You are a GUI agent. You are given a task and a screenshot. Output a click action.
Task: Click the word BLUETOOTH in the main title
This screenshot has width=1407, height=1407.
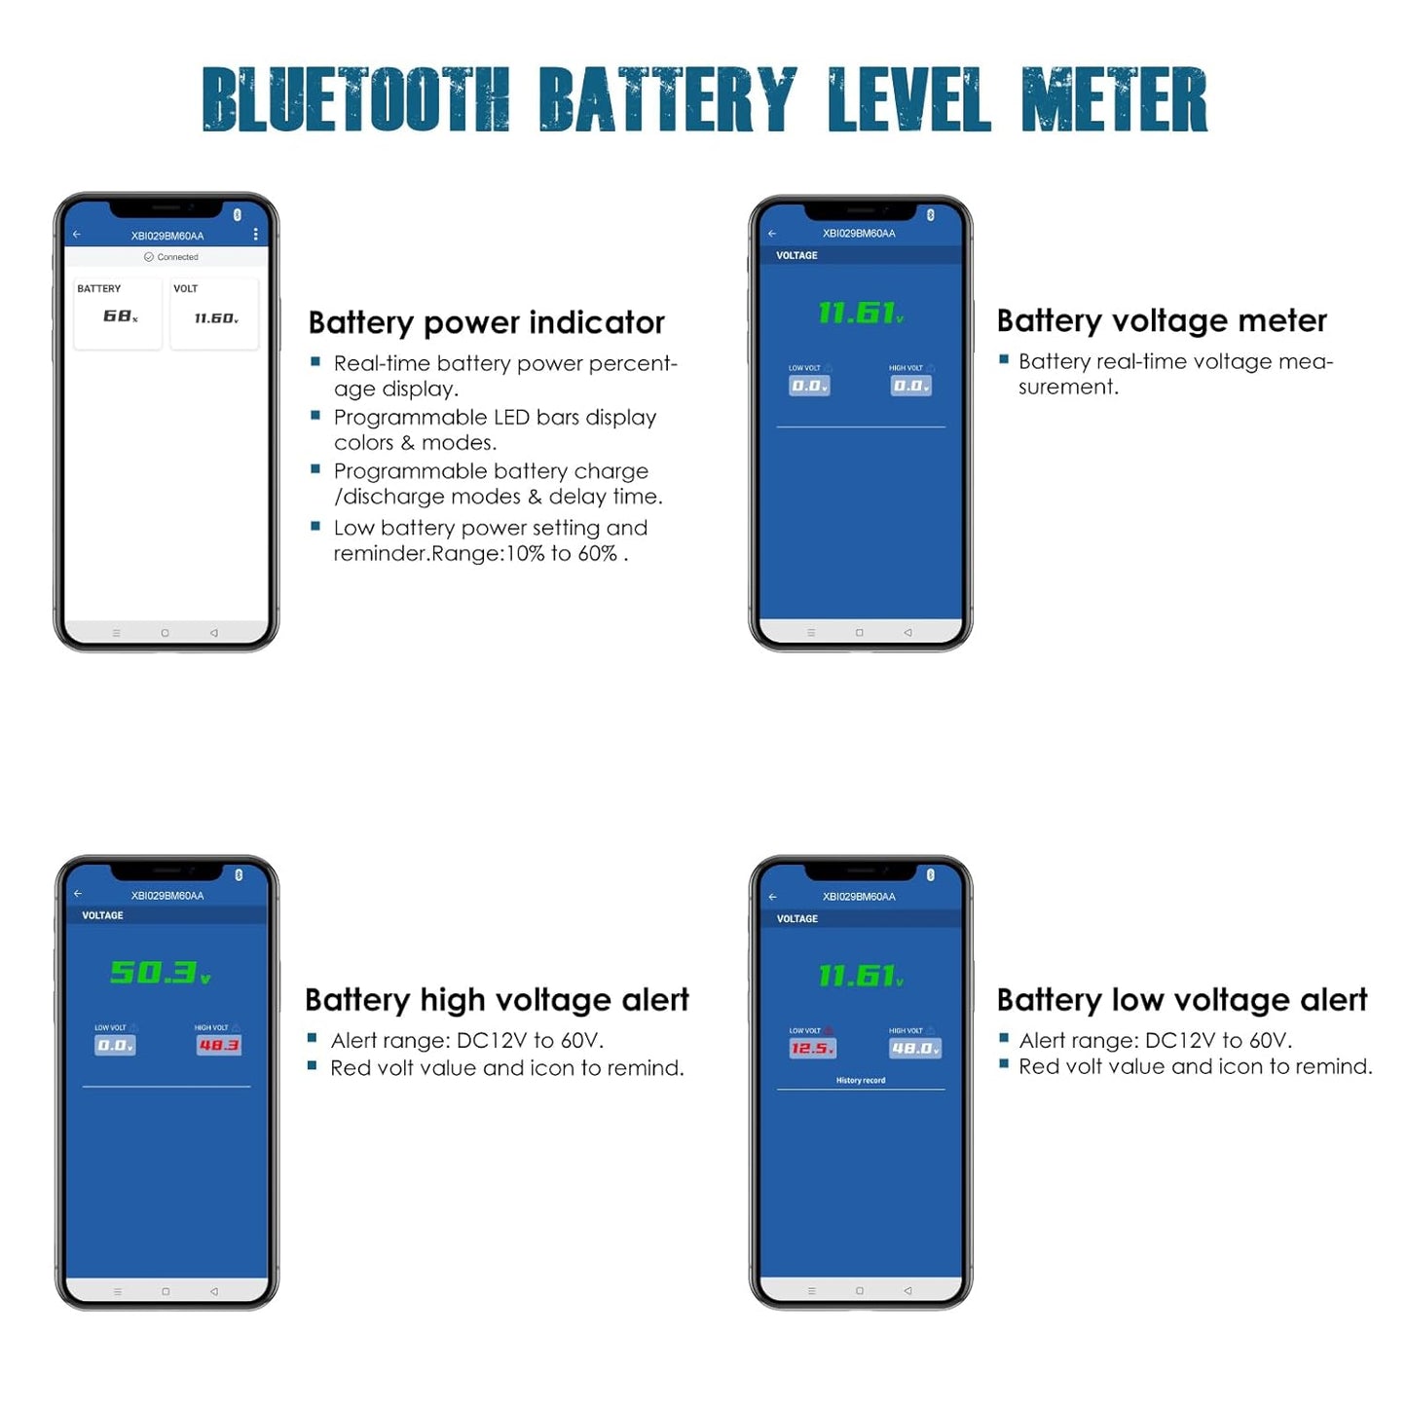tap(355, 99)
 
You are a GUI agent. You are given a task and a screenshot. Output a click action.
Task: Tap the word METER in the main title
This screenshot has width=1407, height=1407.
tap(1114, 99)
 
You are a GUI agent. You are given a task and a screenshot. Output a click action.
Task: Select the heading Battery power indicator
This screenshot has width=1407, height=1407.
tap(486, 322)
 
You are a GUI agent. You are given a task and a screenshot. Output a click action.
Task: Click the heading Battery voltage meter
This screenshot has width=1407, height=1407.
tap(1161, 320)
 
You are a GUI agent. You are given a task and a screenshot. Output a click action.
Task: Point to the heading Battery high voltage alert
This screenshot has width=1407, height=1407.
tap(497, 1000)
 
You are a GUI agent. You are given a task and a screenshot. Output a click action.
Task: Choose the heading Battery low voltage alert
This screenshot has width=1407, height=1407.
tap(1181, 1000)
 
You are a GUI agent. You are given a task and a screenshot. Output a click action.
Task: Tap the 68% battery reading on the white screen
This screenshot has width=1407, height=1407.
tap(120, 316)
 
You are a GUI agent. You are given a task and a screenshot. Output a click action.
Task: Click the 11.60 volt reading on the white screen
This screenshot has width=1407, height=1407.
tap(215, 318)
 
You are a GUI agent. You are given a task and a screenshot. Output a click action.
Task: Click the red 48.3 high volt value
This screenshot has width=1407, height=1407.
tap(219, 1045)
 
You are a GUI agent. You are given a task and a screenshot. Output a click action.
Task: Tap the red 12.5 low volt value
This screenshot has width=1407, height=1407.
tap(812, 1049)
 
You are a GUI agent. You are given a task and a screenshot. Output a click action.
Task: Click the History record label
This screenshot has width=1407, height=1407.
tap(860, 1080)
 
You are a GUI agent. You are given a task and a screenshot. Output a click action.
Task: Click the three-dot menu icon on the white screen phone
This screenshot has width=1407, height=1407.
tap(255, 235)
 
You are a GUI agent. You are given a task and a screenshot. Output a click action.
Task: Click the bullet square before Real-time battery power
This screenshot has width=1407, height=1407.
tap(315, 361)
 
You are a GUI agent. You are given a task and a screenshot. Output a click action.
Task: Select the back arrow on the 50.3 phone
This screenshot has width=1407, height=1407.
tap(78, 893)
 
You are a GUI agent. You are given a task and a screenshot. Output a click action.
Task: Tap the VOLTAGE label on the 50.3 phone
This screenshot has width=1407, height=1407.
tap(102, 915)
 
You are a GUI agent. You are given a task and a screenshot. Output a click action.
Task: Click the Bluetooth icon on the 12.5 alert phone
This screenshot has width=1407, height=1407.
tap(930, 874)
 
